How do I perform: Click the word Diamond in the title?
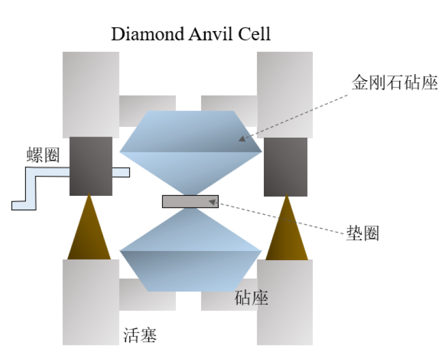click(146, 33)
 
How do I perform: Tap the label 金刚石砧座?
click(395, 84)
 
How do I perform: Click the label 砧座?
click(251, 298)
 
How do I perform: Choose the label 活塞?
click(140, 336)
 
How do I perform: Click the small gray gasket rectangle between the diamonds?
click(190, 201)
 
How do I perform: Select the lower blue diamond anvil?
click(191, 254)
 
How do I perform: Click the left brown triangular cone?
click(89, 231)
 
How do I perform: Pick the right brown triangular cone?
click(287, 231)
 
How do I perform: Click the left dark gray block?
click(91, 166)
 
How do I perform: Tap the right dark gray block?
click(286, 166)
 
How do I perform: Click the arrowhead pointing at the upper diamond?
click(241, 138)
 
